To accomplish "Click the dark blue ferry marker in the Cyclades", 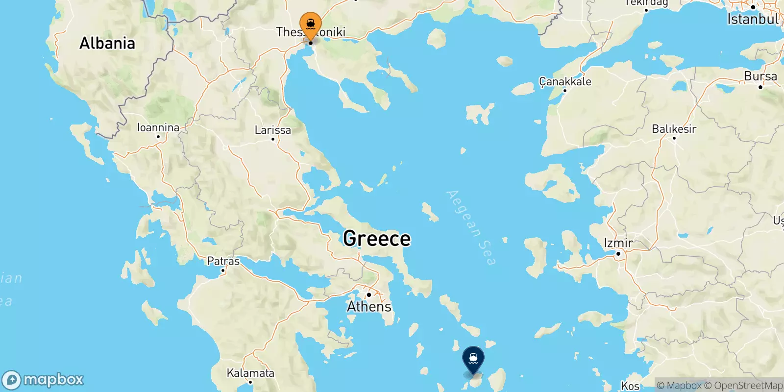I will [473, 360].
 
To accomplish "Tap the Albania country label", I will [107, 43].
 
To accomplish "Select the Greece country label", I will [377, 239].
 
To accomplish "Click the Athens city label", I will [369, 307].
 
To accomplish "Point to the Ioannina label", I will [158, 127].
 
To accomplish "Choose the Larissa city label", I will [272, 130].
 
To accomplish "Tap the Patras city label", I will [223, 261].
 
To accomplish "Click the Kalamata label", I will [250, 373].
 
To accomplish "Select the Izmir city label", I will [618, 243].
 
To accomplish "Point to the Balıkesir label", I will [674, 129].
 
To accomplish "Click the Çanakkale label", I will [565, 81].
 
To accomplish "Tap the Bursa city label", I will [760, 76].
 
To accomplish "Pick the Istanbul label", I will [753, 20].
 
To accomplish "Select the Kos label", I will [630, 386].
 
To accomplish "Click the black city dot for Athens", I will [368, 295].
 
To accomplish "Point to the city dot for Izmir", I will [618, 254].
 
